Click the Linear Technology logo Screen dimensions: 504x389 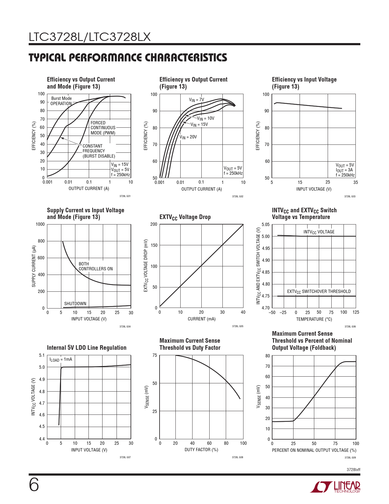pyautogui.click(x=335, y=487)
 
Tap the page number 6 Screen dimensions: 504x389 pyautogui.click(x=34, y=485)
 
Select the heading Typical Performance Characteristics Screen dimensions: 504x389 pyautogui.click(x=128, y=58)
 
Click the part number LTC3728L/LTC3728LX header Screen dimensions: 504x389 pyautogui.click(x=90, y=37)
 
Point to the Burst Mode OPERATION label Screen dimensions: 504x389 pyautogui.click(x=61, y=101)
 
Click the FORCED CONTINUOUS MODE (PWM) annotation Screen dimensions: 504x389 pyautogui.click(x=103, y=128)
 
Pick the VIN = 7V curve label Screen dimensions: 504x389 pyautogui.click(x=196, y=100)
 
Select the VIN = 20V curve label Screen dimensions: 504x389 pyautogui.click(x=188, y=137)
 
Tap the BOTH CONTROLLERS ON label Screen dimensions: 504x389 pyautogui.click(x=95, y=266)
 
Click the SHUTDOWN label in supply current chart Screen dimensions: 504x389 pyautogui.click(x=75, y=304)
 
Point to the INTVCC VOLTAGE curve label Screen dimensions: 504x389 pyautogui.click(x=319, y=232)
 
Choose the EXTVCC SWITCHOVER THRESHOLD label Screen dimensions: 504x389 pyautogui.click(x=319, y=292)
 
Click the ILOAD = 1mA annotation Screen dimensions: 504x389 pyautogui.click(x=61, y=360)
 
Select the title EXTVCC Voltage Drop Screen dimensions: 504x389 pyautogui.click(x=185, y=217)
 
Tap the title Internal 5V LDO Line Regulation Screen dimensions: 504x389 pyautogui.click(x=87, y=348)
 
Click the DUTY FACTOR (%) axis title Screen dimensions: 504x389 pyautogui.click(x=201, y=450)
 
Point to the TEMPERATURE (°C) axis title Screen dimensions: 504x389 pyautogui.click(x=314, y=319)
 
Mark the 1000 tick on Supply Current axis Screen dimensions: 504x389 pyautogui.click(x=40, y=224)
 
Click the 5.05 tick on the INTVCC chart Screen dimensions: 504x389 pyautogui.click(x=265, y=225)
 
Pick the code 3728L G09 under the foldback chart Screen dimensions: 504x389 pyautogui.click(x=350, y=458)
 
